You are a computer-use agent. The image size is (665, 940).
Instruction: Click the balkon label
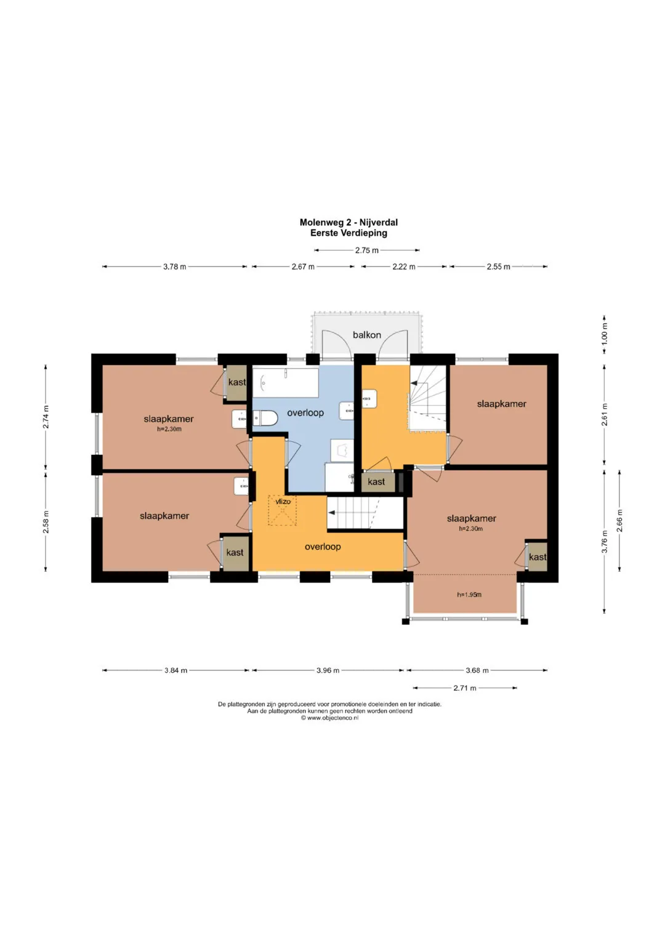pos(366,335)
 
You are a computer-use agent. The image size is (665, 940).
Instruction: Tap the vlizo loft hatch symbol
pos(283,510)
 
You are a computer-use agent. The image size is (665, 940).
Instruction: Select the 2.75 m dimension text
pos(366,251)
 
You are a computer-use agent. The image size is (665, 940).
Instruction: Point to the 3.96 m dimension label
pos(328,670)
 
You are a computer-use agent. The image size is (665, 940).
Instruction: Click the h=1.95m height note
pos(469,595)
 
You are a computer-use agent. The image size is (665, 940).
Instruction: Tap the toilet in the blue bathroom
pos(265,419)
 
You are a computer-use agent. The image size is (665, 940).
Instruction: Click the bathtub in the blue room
pos(286,383)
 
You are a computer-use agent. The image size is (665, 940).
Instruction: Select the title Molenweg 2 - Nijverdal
pos(349,222)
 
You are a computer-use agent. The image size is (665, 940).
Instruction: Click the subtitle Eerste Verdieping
pos(349,233)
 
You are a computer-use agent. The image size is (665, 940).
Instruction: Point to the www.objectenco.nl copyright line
pos(329,718)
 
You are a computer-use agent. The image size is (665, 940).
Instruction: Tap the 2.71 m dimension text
pos(465,688)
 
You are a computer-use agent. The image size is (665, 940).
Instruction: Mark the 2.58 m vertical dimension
pos(46,521)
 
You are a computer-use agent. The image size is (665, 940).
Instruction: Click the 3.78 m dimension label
pos(175,267)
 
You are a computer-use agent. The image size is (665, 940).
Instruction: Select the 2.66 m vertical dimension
pos(619,520)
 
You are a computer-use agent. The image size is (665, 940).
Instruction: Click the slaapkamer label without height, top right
pos(501,404)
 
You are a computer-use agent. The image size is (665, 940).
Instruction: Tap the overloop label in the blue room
pos(305,413)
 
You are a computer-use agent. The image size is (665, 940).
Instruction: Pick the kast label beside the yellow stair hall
pos(376,482)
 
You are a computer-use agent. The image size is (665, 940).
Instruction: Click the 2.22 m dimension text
pos(404,267)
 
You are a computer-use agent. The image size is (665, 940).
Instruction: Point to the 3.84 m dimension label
pos(175,670)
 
